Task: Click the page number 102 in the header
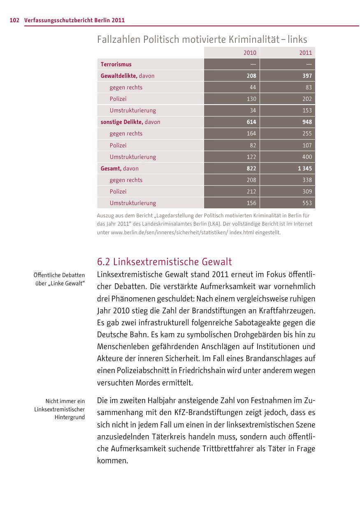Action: coord(14,20)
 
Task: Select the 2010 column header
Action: coord(250,53)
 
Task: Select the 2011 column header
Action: coord(306,53)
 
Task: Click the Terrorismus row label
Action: coord(116,64)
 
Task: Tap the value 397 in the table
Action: coord(307,76)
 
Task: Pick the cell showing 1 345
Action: coord(305,168)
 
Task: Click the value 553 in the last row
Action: coord(307,203)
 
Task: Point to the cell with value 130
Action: coord(251,99)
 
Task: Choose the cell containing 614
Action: coord(251,122)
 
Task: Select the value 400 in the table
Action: coord(307,157)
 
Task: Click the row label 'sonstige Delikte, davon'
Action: coord(130,122)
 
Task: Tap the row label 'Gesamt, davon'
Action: coord(120,168)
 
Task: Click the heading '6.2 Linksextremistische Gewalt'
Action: coord(165,262)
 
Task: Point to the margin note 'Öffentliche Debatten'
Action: coord(59,275)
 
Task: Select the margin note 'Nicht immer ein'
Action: coord(65,401)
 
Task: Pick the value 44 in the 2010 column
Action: coord(253,87)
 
